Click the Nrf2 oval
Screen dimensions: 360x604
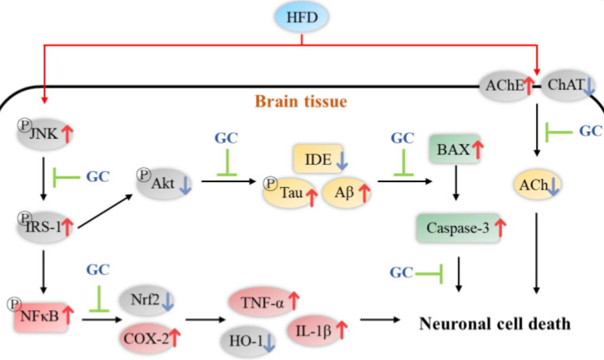tap(146, 301)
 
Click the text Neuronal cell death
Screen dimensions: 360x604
tap(494, 323)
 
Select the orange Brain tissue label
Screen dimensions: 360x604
tap(301, 101)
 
